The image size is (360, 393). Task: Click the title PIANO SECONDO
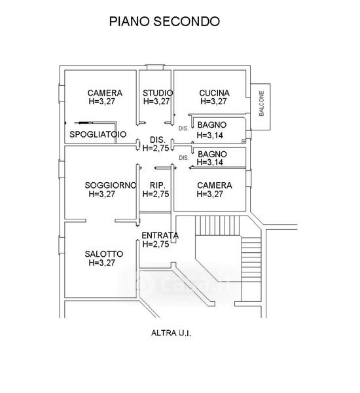pyautogui.click(x=164, y=22)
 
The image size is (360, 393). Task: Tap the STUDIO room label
pyautogui.click(x=158, y=93)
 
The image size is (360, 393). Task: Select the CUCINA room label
pyautogui.click(x=214, y=93)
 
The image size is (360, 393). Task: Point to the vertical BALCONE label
pyautogui.click(x=261, y=103)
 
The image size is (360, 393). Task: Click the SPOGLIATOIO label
pyautogui.click(x=98, y=134)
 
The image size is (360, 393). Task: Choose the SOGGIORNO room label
pyautogui.click(x=111, y=185)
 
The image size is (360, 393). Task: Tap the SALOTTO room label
pyautogui.click(x=103, y=254)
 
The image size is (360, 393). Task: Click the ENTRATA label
pyautogui.click(x=160, y=235)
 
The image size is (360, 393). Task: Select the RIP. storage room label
pyautogui.click(x=158, y=185)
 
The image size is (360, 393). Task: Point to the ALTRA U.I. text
pyautogui.click(x=171, y=333)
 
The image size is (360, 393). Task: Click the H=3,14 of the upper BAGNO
pyautogui.click(x=209, y=135)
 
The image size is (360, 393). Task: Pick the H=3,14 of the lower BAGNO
pyautogui.click(x=209, y=162)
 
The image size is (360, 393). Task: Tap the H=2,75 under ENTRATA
pyautogui.click(x=156, y=244)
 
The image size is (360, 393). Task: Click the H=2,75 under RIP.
pyautogui.click(x=156, y=194)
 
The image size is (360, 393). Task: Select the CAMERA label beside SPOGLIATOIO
pyautogui.click(x=105, y=93)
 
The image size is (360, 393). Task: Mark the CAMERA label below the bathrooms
pyautogui.click(x=215, y=185)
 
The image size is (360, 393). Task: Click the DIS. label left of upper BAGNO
pyautogui.click(x=183, y=128)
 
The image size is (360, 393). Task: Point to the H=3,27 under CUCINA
pyautogui.click(x=213, y=102)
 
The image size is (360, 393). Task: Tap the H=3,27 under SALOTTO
pyautogui.click(x=101, y=263)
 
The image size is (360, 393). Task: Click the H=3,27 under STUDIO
pyautogui.click(x=156, y=102)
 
